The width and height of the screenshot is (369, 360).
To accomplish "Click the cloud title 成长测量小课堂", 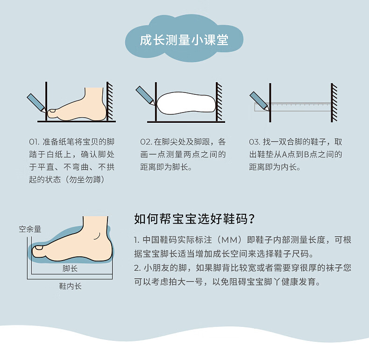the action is pyautogui.click(x=184, y=40).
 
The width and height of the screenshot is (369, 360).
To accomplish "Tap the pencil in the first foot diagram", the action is pyautogui.click(x=36, y=103).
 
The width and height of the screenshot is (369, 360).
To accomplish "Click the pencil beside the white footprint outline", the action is pyautogui.click(x=145, y=95).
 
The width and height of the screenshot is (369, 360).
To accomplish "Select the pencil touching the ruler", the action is pyautogui.click(x=259, y=101).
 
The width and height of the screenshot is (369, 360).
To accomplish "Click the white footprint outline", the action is pyautogui.click(x=186, y=103).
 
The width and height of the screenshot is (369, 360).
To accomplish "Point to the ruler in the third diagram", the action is pyautogui.click(x=293, y=106).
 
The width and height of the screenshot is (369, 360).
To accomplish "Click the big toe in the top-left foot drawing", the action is pyautogui.click(x=53, y=113).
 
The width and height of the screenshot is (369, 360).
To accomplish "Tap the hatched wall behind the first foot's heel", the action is pyautogui.click(x=109, y=101).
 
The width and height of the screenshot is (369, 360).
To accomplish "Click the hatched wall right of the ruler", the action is pyautogui.click(x=334, y=103).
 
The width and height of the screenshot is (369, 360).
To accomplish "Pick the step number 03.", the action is pyautogui.click(x=255, y=142).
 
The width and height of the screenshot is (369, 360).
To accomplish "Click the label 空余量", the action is pyautogui.click(x=30, y=229).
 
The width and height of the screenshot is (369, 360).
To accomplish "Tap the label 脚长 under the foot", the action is pyautogui.click(x=70, y=268).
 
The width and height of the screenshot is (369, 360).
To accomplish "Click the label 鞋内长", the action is pyautogui.click(x=70, y=286).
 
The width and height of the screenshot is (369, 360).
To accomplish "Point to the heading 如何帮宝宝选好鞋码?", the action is pyautogui.click(x=194, y=219).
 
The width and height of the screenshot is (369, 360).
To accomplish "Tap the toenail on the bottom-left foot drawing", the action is pyautogui.click(x=39, y=247).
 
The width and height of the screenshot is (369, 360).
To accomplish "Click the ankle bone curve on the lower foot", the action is pyautogui.click(x=97, y=236).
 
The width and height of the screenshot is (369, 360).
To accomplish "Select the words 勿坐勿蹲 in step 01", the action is pyautogui.click(x=85, y=179).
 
